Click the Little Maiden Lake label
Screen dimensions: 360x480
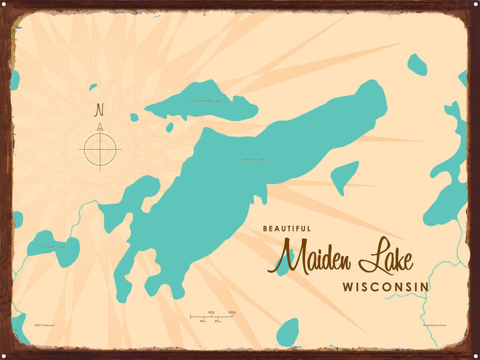(x=204, y=101)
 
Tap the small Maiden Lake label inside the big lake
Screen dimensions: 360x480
(x=255, y=160)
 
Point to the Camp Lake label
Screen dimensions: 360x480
(x=55, y=247)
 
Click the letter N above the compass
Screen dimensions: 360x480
(x=100, y=109)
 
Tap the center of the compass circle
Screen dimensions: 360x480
(x=100, y=149)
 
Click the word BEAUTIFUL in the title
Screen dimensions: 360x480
(x=287, y=228)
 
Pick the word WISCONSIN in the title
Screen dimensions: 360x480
(x=385, y=287)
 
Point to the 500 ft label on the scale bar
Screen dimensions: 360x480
(x=212, y=313)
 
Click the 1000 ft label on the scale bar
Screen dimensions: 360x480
(x=231, y=312)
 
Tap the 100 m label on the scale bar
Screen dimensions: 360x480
(x=202, y=321)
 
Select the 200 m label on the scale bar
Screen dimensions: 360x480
(x=217, y=321)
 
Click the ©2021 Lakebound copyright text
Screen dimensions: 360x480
(x=44, y=325)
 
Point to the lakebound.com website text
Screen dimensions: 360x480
(x=435, y=325)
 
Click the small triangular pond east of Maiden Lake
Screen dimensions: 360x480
(x=344, y=176)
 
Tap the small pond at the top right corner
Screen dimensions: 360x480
(x=417, y=64)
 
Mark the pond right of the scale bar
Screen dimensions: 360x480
(x=288, y=332)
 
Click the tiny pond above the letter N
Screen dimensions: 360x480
(x=93, y=87)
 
